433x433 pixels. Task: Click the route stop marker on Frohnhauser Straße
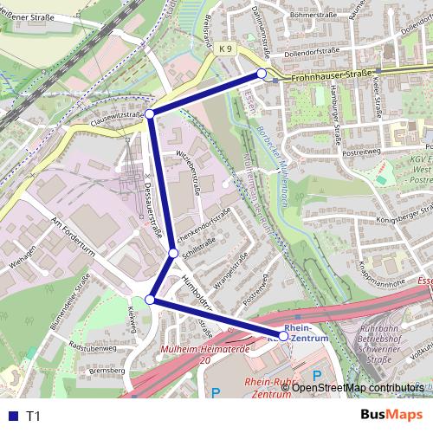[262, 74]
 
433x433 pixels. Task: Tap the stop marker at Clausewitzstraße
[150, 114]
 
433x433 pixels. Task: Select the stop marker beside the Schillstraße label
[174, 253]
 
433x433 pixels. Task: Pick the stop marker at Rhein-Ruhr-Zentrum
[282, 335]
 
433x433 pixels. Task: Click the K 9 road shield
[225, 49]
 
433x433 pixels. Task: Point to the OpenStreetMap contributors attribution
[357, 388]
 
